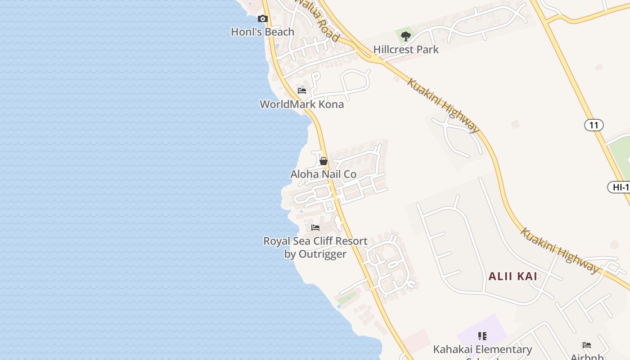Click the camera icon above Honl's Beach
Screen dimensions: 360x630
263,19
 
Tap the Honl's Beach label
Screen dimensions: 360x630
262,32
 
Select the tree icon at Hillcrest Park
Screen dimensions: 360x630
406,36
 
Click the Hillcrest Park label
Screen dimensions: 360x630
406,49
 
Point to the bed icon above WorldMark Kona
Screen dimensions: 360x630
302,91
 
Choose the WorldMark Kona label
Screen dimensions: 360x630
301,104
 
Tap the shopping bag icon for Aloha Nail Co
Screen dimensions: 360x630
323,161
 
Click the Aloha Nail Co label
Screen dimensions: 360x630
323,174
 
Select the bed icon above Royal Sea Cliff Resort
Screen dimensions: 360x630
315,228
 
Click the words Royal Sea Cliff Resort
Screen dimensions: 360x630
315,241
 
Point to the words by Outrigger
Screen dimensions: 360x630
315,254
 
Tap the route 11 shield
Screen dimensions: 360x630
594,125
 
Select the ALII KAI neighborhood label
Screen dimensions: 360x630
513,276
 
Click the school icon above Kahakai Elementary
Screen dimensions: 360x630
482,336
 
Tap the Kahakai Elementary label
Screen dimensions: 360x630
482,350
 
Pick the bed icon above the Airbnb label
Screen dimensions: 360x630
587,346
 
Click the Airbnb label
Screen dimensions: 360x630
587,356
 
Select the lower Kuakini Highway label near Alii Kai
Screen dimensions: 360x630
560,251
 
